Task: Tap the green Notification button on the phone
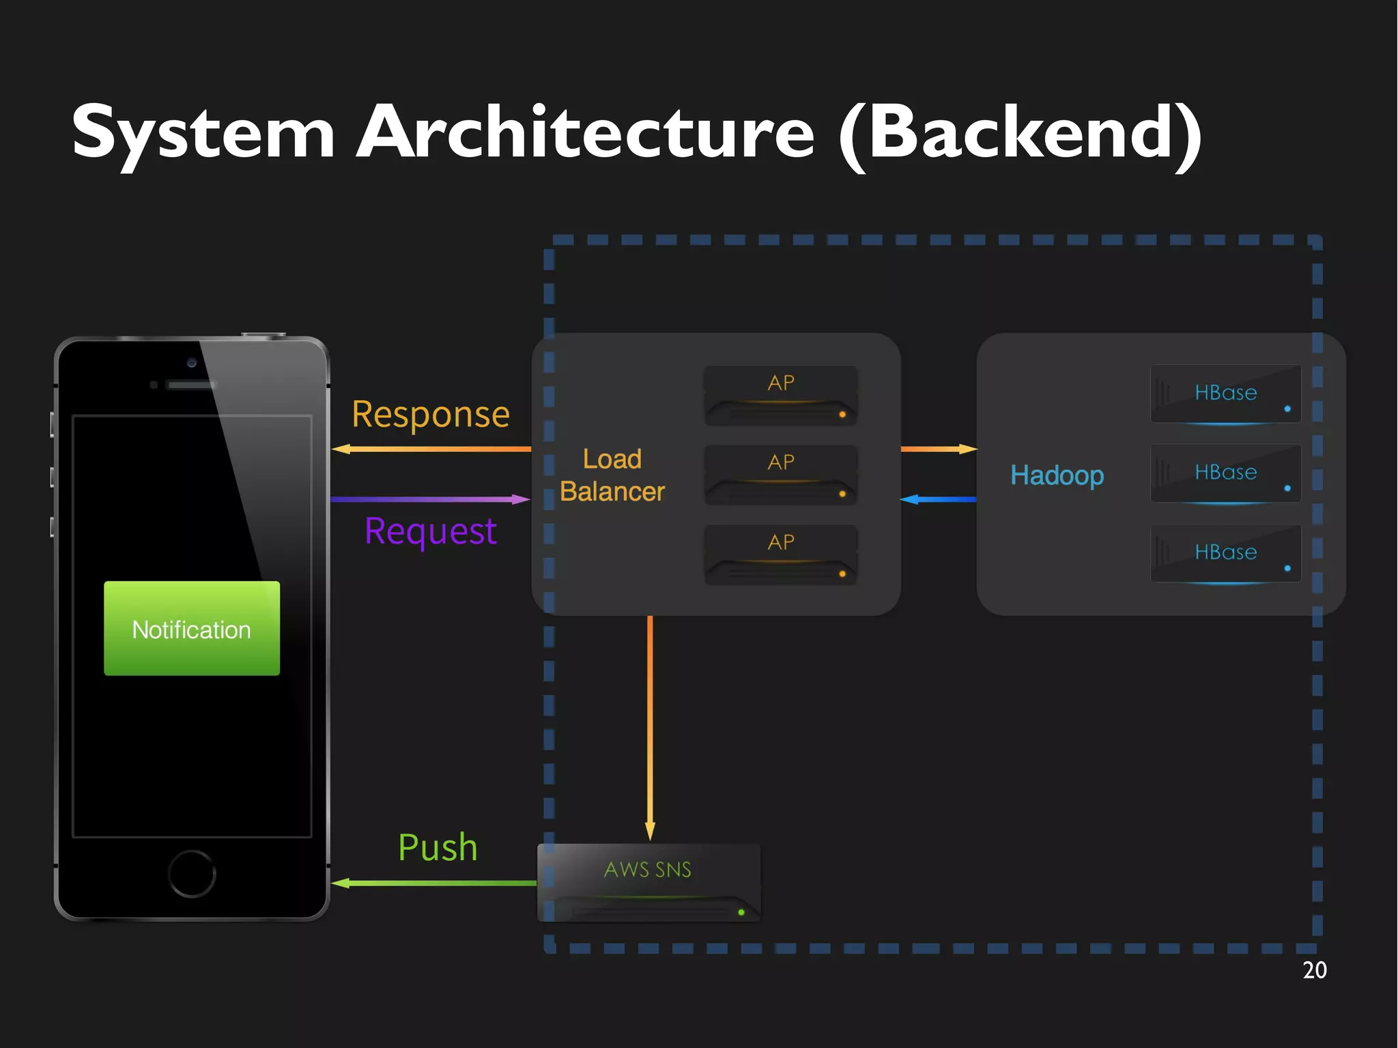pos(192,628)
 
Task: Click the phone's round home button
pos(192,873)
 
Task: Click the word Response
pos(431,414)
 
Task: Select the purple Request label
pos(431,531)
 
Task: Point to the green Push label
pos(438,847)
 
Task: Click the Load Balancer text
pos(612,475)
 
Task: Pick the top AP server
pos(781,395)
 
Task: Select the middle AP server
pos(781,475)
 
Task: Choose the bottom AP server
pos(781,554)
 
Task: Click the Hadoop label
pos(1057,475)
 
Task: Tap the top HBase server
pos(1225,394)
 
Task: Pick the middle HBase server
pos(1225,473)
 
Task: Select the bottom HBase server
pos(1225,553)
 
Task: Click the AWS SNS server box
pos(648,883)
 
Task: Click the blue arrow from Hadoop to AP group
pos(939,500)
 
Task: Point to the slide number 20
pos(1314,970)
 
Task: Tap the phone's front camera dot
pos(192,363)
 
